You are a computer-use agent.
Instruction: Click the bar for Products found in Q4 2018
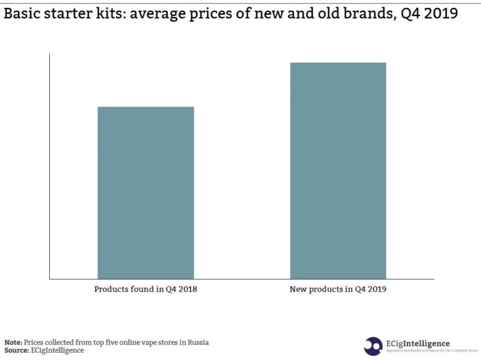[146, 192]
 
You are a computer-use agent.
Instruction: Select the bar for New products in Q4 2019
[338, 171]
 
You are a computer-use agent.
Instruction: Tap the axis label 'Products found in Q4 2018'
[146, 289]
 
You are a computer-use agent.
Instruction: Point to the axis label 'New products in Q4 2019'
[338, 289]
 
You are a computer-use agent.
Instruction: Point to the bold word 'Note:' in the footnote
[14, 342]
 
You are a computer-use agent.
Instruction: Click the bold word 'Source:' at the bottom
[17, 350]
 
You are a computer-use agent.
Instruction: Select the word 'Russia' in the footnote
[196, 342]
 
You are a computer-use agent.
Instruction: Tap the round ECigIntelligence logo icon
[373, 346]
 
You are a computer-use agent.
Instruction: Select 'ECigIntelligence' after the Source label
[58, 350]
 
